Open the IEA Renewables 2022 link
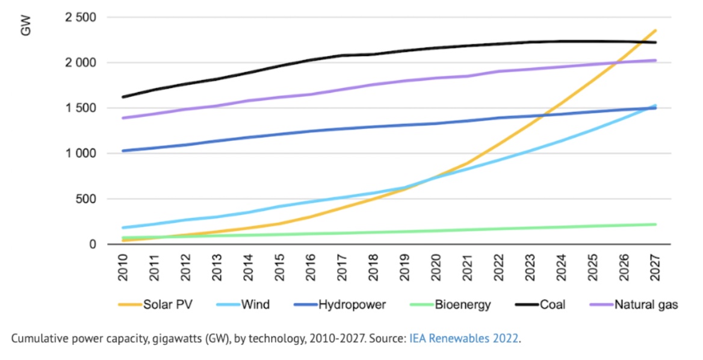(463, 338)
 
